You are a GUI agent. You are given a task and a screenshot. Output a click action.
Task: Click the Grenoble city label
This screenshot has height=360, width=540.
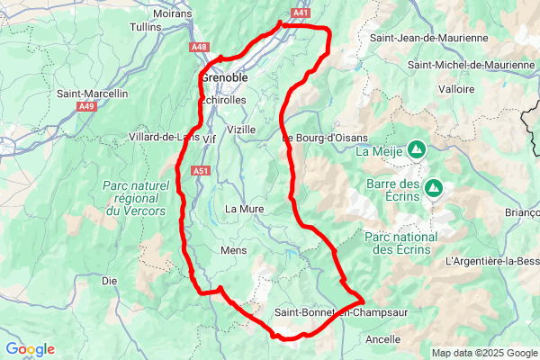pyautogui.click(x=224, y=77)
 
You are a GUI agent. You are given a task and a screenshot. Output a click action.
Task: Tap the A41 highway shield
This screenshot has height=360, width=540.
pyautogui.click(x=301, y=13)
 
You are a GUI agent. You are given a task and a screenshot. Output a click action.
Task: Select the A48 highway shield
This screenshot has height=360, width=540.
pyautogui.click(x=200, y=47)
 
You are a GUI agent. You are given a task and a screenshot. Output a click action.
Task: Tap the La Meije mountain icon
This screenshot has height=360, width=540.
pyautogui.click(x=417, y=150)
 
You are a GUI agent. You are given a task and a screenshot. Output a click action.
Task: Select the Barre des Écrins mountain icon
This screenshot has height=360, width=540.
pyautogui.click(x=434, y=188)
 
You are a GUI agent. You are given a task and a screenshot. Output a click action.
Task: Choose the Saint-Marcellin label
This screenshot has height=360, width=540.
pyautogui.click(x=93, y=93)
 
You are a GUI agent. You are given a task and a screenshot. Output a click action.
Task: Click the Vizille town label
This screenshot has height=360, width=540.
pyautogui.click(x=241, y=130)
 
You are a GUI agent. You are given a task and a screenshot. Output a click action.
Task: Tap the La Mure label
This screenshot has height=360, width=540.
pyautogui.click(x=244, y=209)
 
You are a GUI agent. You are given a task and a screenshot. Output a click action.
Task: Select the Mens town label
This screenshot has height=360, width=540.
pyautogui.click(x=233, y=249)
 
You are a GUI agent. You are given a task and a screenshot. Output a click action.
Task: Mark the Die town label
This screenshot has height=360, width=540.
pyautogui.click(x=110, y=281)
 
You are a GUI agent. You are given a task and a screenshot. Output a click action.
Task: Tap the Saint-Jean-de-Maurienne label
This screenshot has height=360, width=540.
pyautogui.click(x=429, y=38)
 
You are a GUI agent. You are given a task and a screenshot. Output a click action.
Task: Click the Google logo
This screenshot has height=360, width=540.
pyautogui.click(x=30, y=349)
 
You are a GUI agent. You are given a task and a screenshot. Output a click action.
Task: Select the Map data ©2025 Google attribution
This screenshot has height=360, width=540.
pyautogui.click(x=483, y=353)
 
